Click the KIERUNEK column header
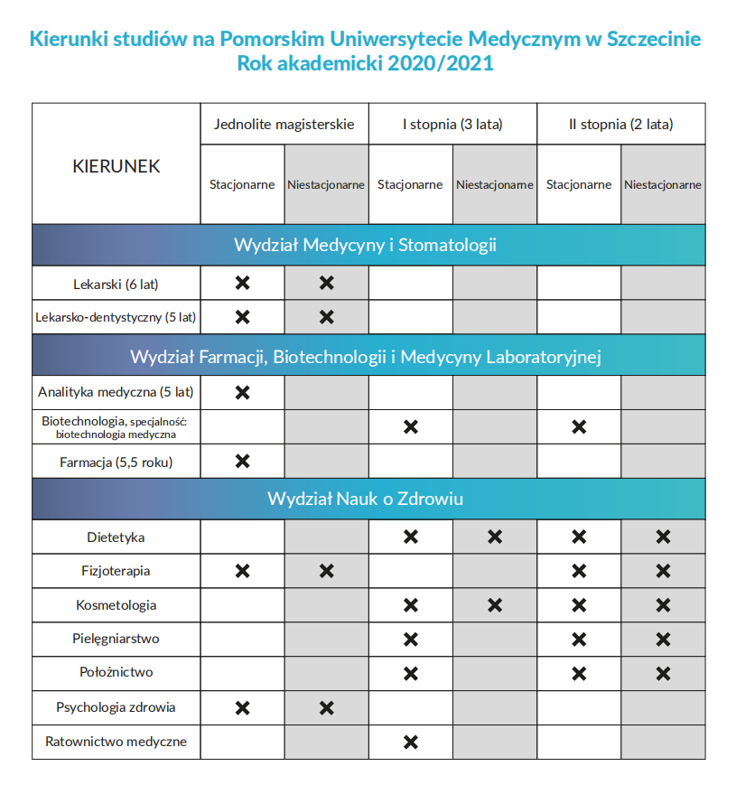click(116, 166)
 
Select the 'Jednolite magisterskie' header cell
click(284, 124)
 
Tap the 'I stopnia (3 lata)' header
click(452, 124)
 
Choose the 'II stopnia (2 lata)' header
click(620, 124)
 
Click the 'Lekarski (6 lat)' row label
click(116, 284)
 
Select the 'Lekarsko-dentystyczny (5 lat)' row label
click(116, 317)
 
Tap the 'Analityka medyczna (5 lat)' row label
click(116, 392)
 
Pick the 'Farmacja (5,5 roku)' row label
click(116, 462)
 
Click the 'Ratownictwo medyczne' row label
click(116, 742)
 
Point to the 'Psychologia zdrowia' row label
click(116, 707)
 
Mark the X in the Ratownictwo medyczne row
click(411, 742)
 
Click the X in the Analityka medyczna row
click(242, 392)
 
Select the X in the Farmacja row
click(242, 462)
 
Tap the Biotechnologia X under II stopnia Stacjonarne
click(579, 426)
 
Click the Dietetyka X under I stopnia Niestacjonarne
click(495, 537)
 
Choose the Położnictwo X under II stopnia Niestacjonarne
click(663, 673)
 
